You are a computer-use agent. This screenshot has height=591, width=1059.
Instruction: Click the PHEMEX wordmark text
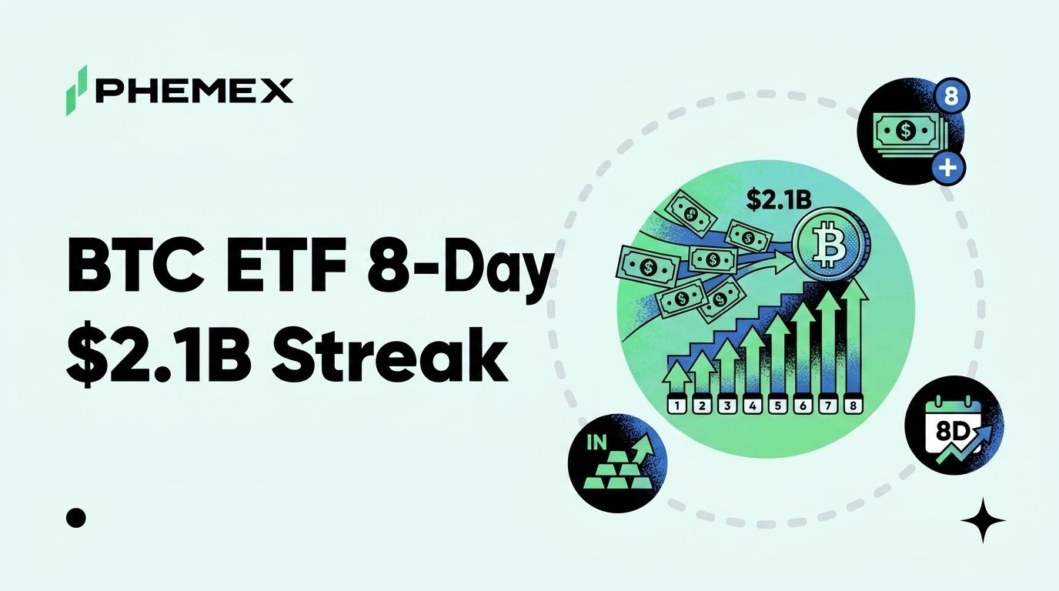pyautogui.click(x=195, y=92)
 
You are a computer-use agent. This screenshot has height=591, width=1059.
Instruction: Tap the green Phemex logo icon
pyautogui.click(x=77, y=90)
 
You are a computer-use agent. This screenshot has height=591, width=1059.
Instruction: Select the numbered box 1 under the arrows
pyautogui.click(x=677, y=406)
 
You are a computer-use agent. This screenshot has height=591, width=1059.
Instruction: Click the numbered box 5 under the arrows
pyautogui.click(x=777, y=406)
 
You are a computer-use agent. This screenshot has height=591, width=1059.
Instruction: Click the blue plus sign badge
pyautogui.click(x=947, y=168)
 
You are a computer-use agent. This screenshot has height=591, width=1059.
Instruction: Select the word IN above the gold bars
pyautogui.click(x=596, y=442)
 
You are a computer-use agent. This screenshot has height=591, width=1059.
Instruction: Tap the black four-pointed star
pyautogui.click(x=983, y=520)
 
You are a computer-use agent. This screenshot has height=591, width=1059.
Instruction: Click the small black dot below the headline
pyautogui.click(x=75, y=518)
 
